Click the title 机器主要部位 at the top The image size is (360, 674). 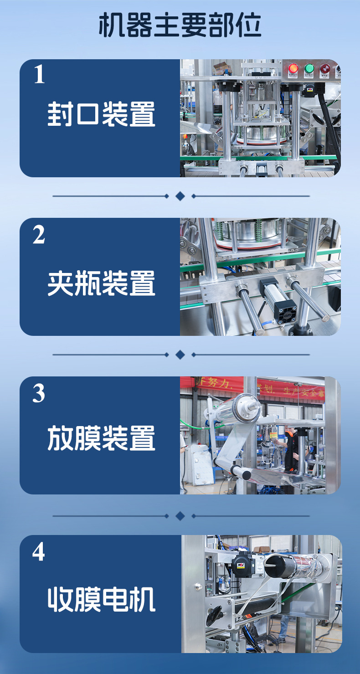click(x=180, y=26)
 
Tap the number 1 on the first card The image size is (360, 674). click(x=40, y=75)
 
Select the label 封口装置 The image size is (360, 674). click(x=101, y=114)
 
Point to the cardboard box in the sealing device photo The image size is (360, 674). click(x=222, y=68)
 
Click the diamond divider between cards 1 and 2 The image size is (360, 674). click(x=180, y=196)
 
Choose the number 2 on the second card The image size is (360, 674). click(x=39, y=235)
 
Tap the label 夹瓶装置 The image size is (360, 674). click(x=101, y=283)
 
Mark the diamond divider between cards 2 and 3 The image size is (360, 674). click(x=180, y=355)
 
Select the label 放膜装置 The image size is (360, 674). click(x=101, y=438)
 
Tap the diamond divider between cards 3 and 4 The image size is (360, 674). click(x=180, y=516)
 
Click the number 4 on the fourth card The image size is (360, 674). click(x=39, y=552)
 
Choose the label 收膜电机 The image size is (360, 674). click(x=101, y=599)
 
